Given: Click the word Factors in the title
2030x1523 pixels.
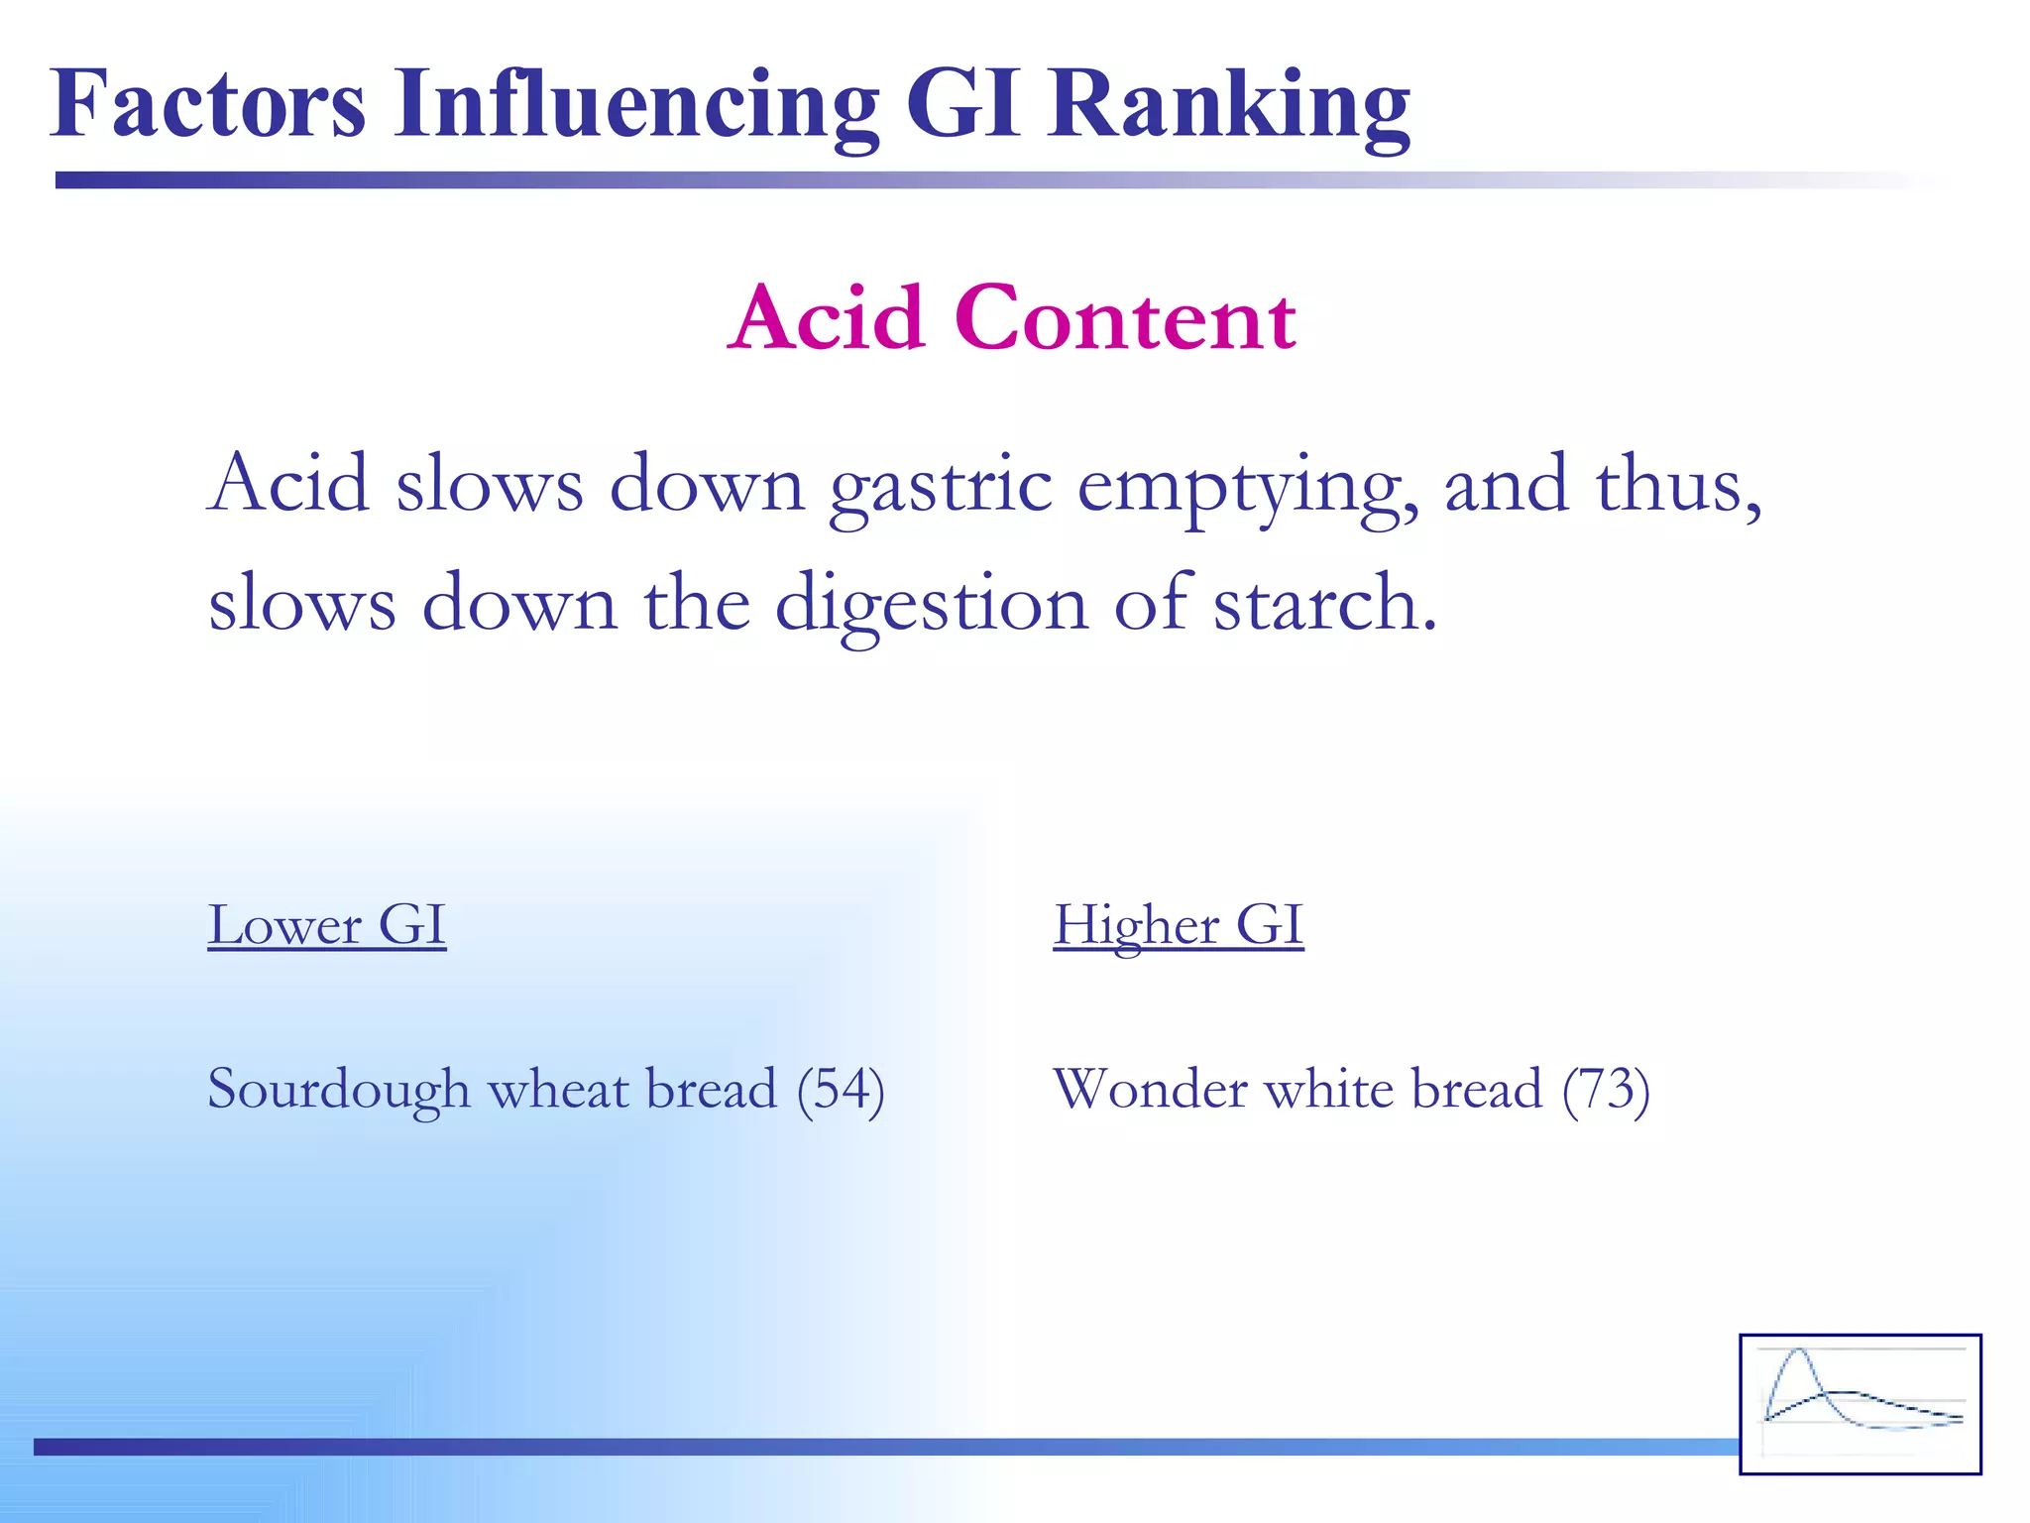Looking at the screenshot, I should (x=208, y=104).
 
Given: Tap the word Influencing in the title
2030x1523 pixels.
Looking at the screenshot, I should (x=635, y=104).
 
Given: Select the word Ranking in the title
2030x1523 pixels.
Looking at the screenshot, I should (x=1229, y=104).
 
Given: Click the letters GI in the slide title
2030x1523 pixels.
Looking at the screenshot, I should (x=962, y=104).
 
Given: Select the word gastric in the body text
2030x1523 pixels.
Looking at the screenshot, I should (x=941, y=486).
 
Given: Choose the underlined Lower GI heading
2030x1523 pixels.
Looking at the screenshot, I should (x=327, y=925).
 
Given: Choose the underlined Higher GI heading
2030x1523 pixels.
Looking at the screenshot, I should (x=1178, y=925).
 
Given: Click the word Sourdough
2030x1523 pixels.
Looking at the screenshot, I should (x=338, y=1089).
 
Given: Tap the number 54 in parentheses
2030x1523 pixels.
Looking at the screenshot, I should (x=841, y=1089).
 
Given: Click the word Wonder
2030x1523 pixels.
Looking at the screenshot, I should (x=1150, y=1089).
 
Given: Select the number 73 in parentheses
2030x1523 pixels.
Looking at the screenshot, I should (x=1606, y=1089).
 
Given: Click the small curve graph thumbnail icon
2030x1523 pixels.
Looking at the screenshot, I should (x=1860, y=1403).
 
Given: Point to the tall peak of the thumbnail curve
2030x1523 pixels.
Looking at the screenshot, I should (x=1798, y=1354).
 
